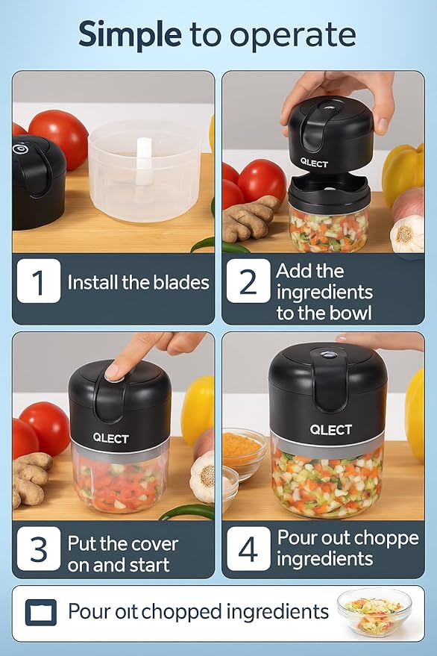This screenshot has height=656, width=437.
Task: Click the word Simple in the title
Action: pyautogui.click(x=129, y=35)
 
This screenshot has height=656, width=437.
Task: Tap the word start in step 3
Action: pyautogui.click(x=148, y=566)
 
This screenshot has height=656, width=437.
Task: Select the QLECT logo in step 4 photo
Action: pyautogui.click(x=330, y=430)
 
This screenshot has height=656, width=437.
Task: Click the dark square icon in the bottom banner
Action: pyautogui.click(x=40, y=612)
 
